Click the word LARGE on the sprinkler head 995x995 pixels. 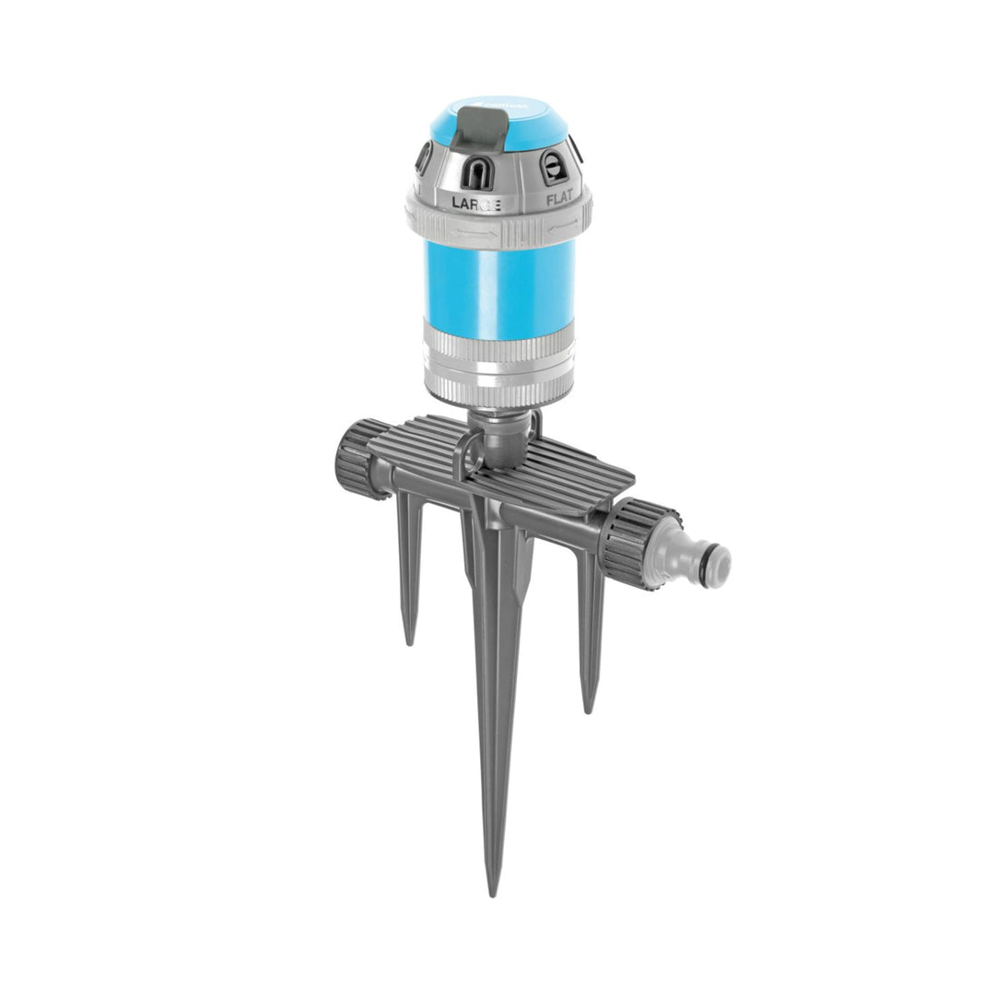pyautogui.click(x=475, y=203)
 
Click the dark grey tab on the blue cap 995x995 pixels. pyautogui.click(x=476, y=128)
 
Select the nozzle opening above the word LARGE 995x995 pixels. pyautogui.click(x=475, y=171)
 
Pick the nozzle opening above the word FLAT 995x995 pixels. pyautogui.click(x=554, y=168)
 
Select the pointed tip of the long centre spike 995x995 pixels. pyautogui.click(x=493, y=890)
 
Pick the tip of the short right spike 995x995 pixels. pyautogui.click(x=587, y=709)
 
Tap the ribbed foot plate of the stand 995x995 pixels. pyautogui.click(x=571, y=470)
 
